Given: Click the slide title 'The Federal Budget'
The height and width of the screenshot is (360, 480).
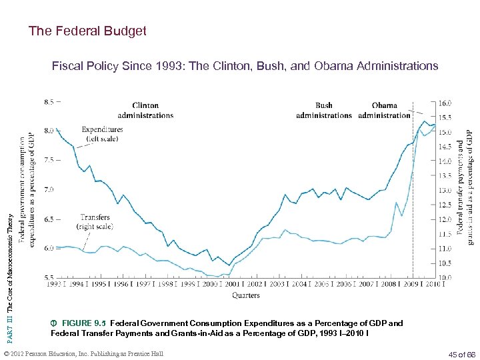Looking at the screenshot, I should tap(87, 31).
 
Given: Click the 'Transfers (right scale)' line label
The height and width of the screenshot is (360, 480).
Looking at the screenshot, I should tap(95, 222).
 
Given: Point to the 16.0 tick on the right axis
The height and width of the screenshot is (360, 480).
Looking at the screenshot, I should tap(445, 103).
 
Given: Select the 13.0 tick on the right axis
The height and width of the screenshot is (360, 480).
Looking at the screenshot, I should tap(445, 191).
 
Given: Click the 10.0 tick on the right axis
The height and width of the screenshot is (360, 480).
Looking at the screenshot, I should tap(445, 277).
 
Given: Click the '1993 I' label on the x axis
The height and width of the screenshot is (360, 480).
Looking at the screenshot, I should tap(57, 284).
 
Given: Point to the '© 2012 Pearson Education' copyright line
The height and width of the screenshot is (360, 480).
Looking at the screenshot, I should tap(83, 353).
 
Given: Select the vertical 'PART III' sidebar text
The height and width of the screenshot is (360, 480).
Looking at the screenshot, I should tap(10, 267).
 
